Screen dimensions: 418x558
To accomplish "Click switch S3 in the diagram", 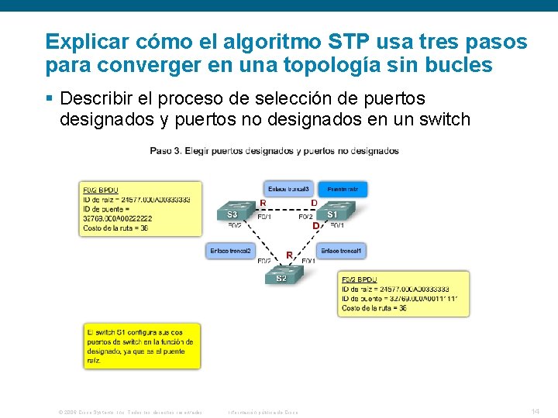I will coord(233,213).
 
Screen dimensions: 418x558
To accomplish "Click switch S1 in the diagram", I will coord(332,212).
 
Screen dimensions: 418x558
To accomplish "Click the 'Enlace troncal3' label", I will coord(288,189).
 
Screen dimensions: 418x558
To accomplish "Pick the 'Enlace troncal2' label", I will coord(231,251).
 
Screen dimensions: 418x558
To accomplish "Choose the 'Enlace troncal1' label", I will coord(341,251).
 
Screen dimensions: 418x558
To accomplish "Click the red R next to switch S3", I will coord(263,204).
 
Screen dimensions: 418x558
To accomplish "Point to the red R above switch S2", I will coord(289,255).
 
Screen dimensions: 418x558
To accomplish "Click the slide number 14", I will coord(535,411).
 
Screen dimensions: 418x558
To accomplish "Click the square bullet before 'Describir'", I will coord(50,99).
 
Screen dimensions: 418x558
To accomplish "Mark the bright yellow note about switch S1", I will coord(142,345).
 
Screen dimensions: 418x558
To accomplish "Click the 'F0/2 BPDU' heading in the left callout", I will coord(101,190).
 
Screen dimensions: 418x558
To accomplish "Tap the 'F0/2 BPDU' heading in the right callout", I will coord(360,279).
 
